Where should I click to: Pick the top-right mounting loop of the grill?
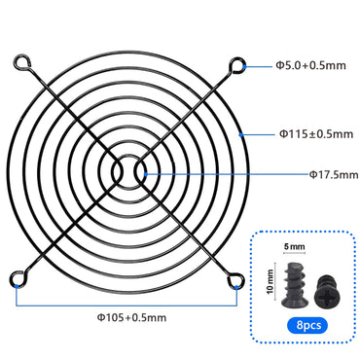237,67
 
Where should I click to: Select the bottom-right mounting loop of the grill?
237,280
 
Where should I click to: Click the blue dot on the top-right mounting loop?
243,66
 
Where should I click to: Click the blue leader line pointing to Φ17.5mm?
224,174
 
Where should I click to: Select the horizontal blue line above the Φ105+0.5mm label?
127,302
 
